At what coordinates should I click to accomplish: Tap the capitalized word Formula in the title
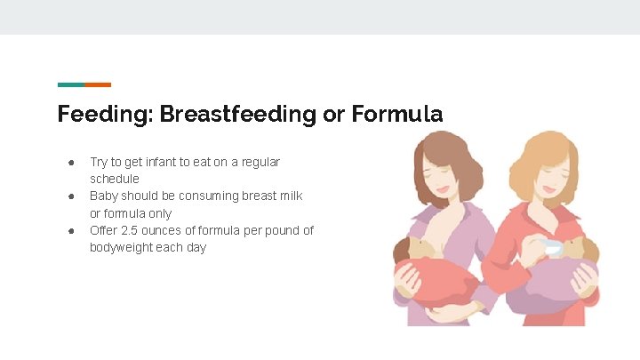[396, 115]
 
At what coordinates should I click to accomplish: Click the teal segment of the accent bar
[71, 84]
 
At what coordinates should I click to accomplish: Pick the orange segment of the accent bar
[98, 84]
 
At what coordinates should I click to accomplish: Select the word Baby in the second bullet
[104, 196]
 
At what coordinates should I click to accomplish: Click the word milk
[290, 196]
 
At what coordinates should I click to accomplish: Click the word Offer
[103, 230]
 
